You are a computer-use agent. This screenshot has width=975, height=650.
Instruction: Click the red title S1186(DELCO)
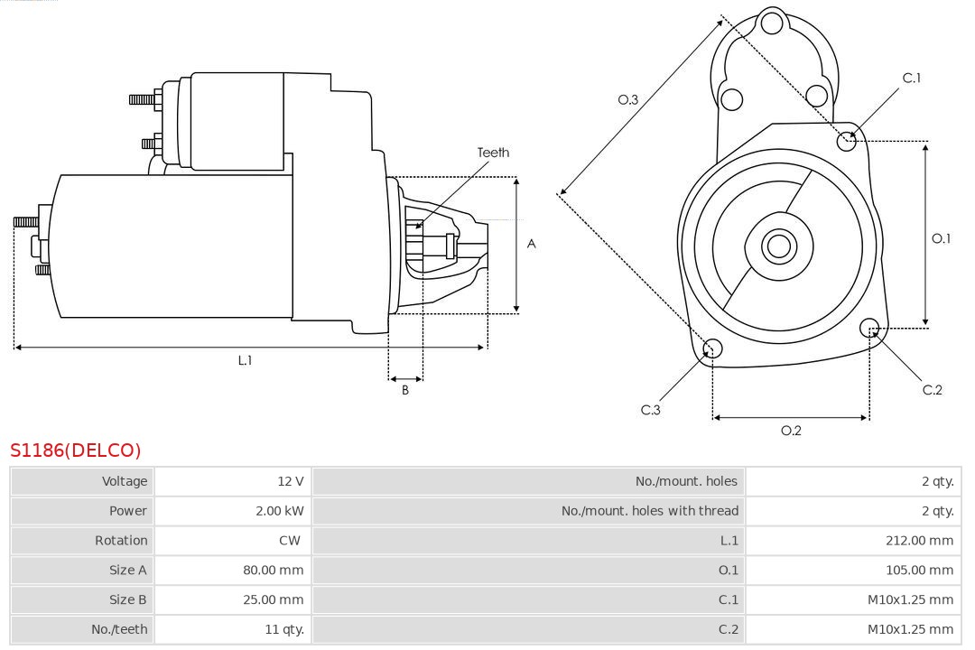click(76, 450)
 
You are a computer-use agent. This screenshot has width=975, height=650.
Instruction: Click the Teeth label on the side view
click(493, 153)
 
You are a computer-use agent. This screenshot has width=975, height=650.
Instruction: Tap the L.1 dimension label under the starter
click(245, 360)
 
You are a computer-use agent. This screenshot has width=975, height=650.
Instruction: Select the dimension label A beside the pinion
click(531, 244)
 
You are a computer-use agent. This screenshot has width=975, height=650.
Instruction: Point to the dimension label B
click(405, 391)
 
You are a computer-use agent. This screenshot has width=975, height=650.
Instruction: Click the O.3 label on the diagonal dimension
click(628, 100)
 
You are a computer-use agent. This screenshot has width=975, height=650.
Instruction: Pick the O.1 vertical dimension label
click(941, 238)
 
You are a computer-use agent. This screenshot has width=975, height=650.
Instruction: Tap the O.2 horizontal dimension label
click(791, 431)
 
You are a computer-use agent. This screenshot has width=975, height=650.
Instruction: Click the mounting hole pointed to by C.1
click(847, 141)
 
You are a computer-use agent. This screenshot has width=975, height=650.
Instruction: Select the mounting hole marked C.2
click(869, 327)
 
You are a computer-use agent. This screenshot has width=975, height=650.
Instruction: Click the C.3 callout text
click(651, 410)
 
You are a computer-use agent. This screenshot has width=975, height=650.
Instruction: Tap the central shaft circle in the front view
click(777, 246)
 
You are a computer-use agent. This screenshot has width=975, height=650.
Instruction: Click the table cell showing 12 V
click(291, 481)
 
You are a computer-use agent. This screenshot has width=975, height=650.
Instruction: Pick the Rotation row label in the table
click(121, 541)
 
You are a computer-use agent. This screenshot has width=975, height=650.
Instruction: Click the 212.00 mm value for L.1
click(920, 541)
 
